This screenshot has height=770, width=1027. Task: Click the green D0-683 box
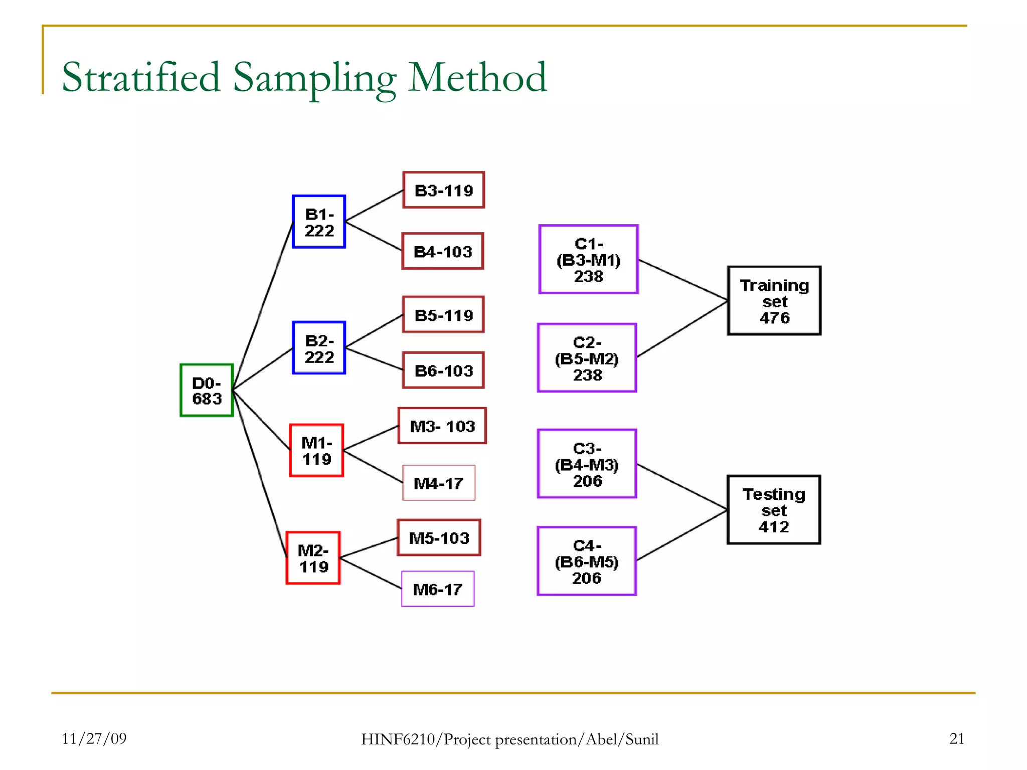(207, 390)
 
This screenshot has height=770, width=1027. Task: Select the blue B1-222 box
(319, 222)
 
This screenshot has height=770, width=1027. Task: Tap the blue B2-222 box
(319, 348)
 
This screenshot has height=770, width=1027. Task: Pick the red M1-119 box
(316, 450)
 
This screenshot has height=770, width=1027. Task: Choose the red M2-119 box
(313, 558)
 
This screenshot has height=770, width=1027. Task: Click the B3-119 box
(444, 190)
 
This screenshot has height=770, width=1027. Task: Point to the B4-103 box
(443, 251)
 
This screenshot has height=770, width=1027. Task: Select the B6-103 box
(444, 370)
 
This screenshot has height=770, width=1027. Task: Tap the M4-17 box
(439, 483)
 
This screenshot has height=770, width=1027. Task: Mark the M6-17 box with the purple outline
(438, 589)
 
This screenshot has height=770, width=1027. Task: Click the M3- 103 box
(442, 426)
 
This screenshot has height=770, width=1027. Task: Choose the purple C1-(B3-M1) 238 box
(589, 259)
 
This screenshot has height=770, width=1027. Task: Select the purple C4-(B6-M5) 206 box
(587, 561)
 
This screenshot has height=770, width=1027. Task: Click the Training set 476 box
(774, 301)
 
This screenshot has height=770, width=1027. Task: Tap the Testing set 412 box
(774, 510)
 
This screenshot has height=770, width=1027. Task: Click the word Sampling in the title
(314, 78)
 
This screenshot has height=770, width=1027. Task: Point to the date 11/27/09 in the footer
(94, 738)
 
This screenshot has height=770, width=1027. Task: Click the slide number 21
(957, 738)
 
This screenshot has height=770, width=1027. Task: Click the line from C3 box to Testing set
(682, 487)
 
